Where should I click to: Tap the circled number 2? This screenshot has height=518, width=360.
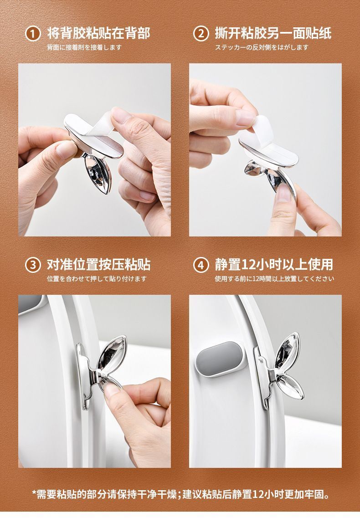[x=201, y=34]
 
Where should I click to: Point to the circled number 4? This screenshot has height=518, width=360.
[x=201, y=265]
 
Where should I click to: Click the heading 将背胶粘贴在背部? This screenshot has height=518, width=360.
[x=98, y=33]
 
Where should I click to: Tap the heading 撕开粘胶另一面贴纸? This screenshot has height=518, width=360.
[x=273, y=33]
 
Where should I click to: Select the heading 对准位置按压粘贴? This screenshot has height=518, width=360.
[x=98, y=265]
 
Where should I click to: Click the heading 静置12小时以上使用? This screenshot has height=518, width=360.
[x=274, y=265]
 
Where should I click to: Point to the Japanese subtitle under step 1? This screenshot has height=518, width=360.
[x=84, y=47]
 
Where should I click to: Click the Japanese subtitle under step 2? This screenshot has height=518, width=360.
[x=262, y=47]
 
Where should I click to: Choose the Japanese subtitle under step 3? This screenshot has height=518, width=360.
[x=97, y=278]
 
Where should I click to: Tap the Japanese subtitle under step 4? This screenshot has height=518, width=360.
[x=274, y=278]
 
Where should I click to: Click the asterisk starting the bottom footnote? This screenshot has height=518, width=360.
[x=34, y=493]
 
